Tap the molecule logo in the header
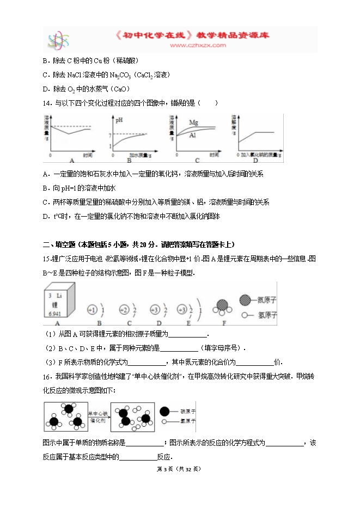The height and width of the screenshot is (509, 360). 57,40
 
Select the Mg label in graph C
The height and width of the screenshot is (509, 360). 193,122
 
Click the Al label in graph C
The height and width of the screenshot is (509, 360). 192,136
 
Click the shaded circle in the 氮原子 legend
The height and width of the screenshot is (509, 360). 246,300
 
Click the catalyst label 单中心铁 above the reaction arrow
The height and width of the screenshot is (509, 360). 98,414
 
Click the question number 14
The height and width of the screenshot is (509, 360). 45,102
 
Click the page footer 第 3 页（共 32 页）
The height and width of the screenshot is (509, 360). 179,469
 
